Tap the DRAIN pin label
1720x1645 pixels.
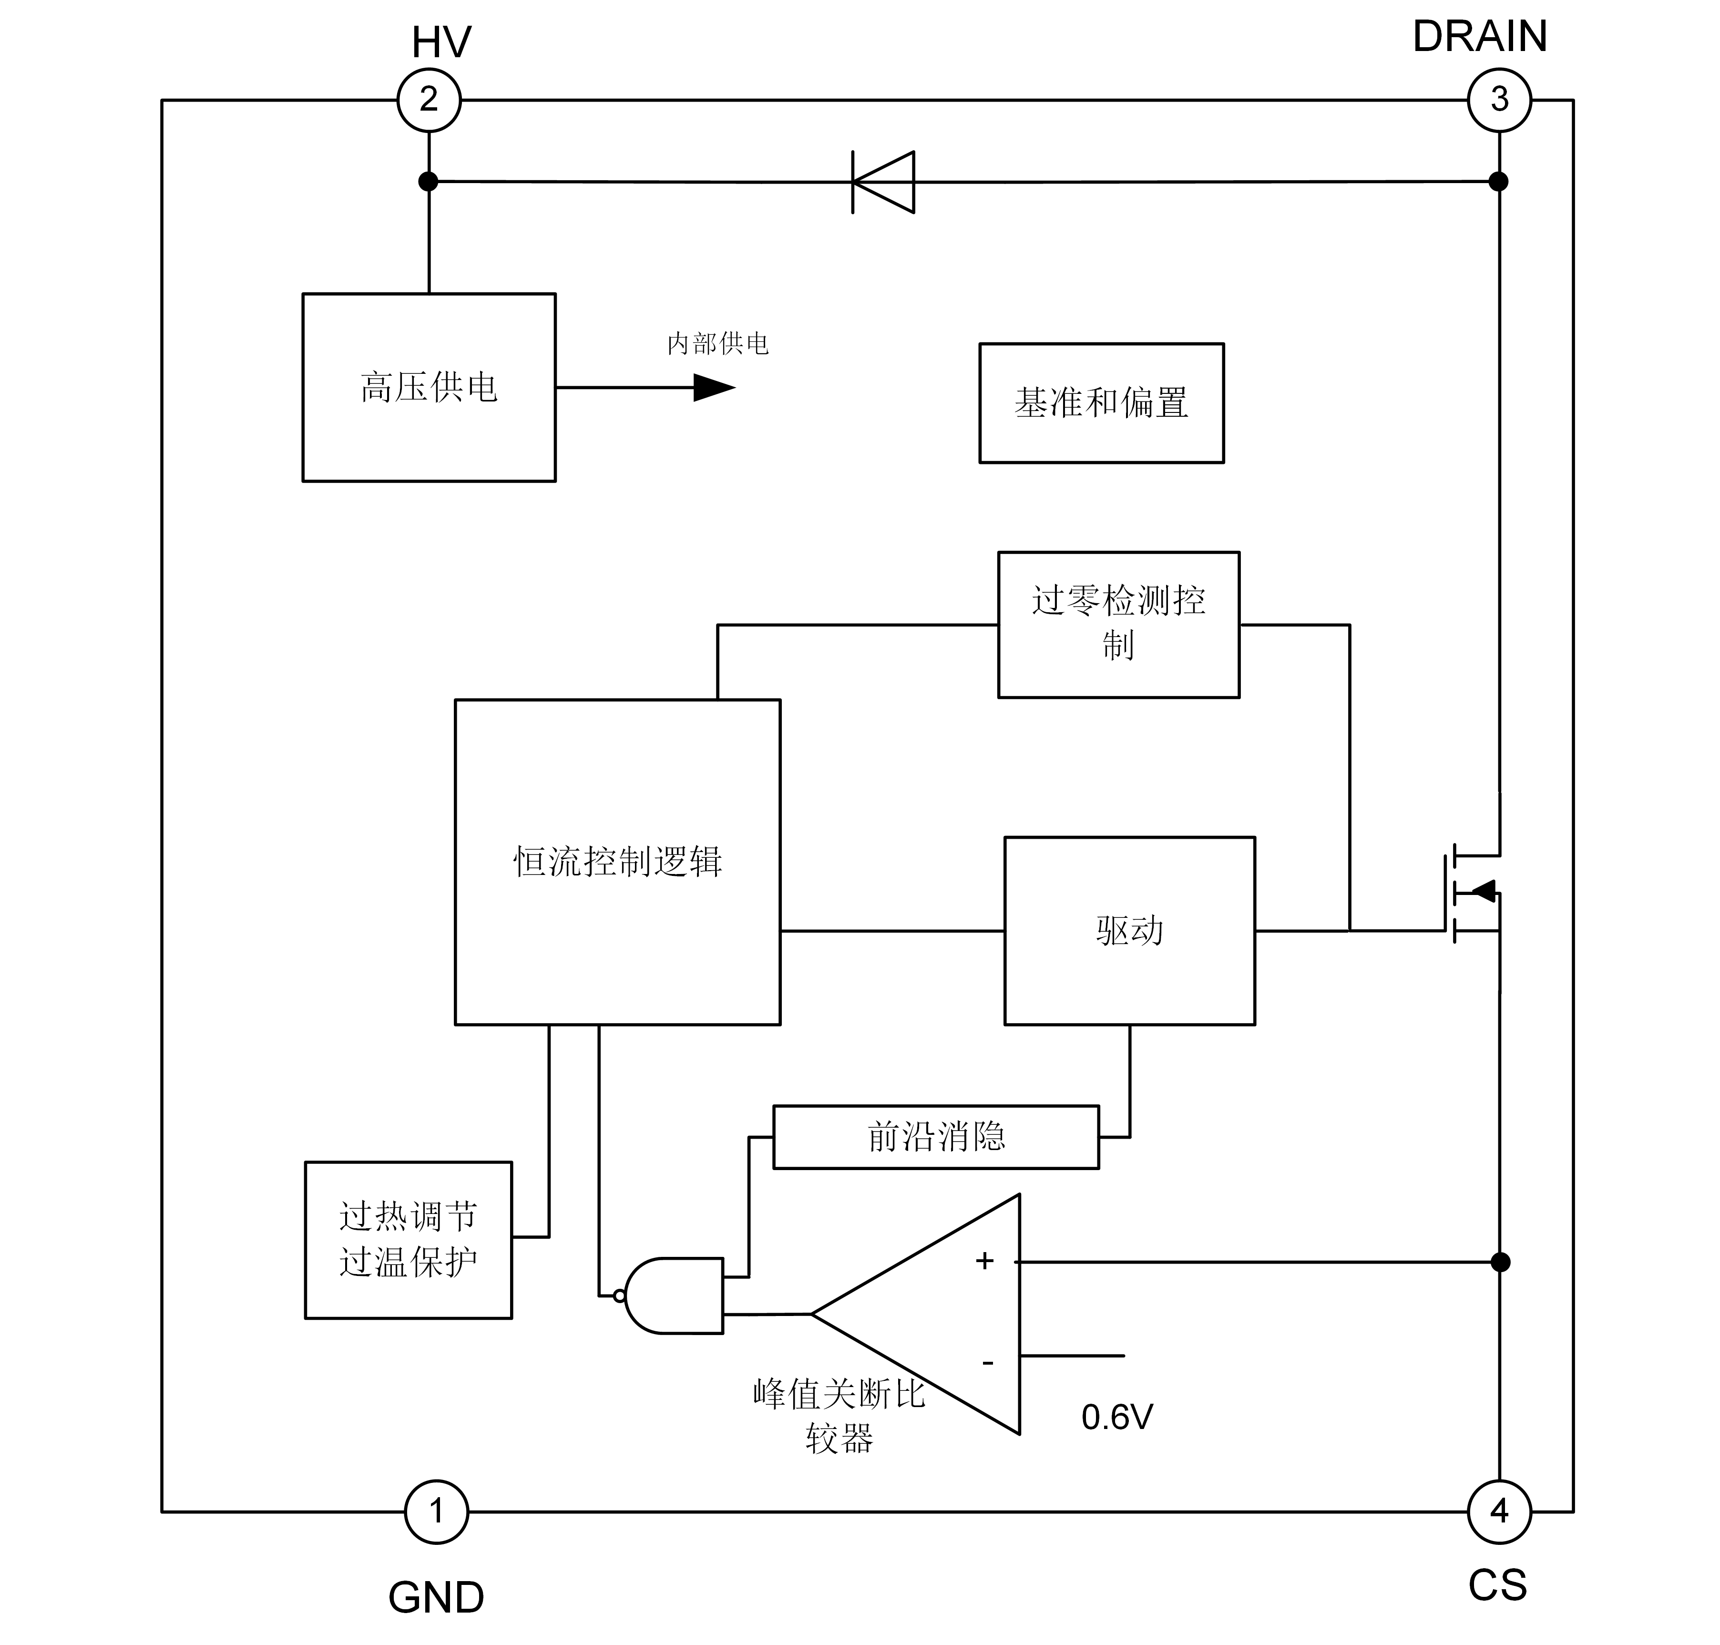click(x=1488, y=46)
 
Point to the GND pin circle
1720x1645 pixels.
click(x=436, y=1511)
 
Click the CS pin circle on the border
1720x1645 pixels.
click(x=1499, y=1511)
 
